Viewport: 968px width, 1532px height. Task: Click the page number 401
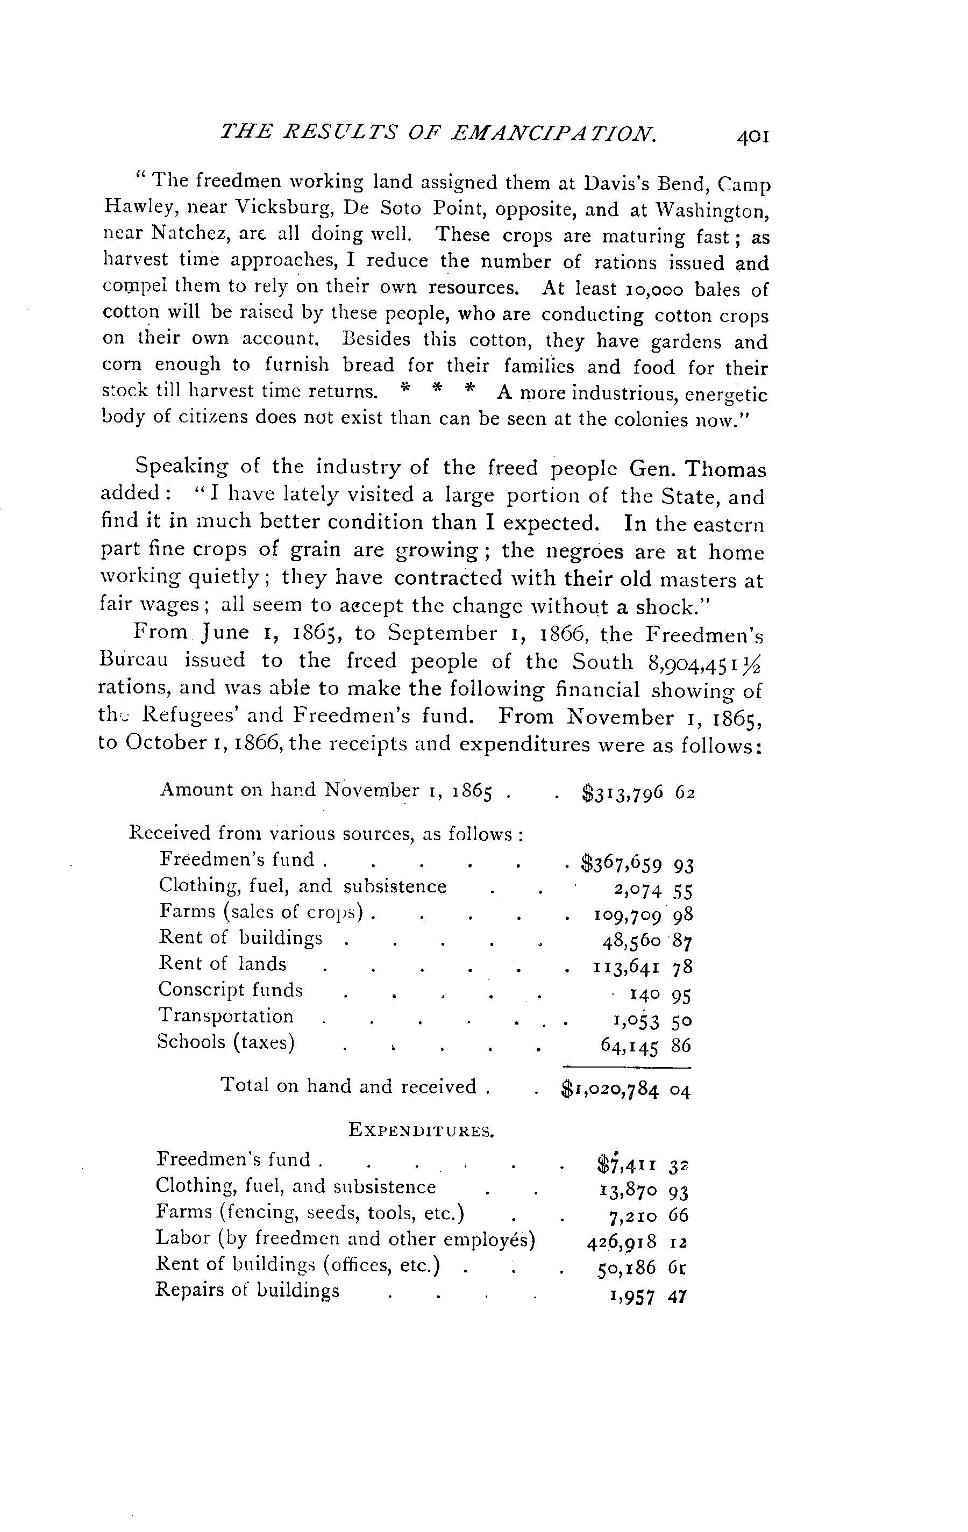[753, 137]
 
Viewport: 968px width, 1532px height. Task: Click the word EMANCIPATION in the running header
[552, 133]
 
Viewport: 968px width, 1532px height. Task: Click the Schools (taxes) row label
[226, 1042]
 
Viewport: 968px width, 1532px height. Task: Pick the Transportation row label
[226, 1016]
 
